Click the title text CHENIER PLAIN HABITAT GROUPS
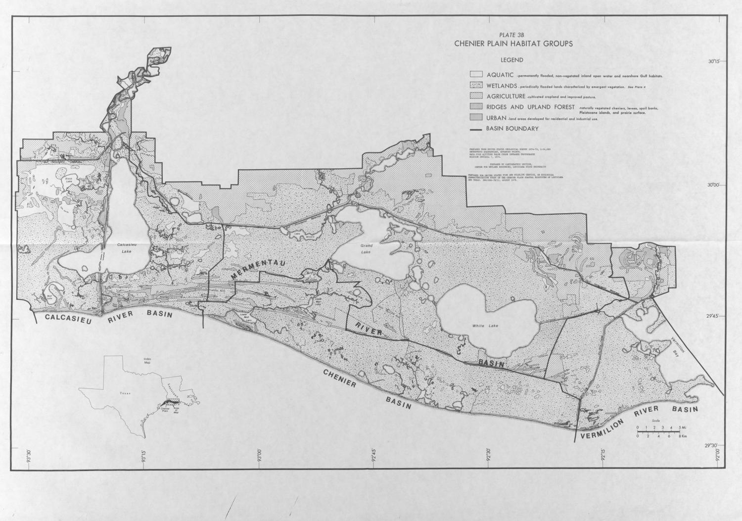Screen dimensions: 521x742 pos(513,44)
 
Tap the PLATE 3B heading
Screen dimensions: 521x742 pos(512,35)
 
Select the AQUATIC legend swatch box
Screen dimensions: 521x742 pos(476,75)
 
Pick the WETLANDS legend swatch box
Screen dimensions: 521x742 pos(476,86)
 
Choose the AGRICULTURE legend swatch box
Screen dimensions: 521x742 pos(476,96)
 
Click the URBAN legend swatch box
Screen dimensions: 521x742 pos(476,117)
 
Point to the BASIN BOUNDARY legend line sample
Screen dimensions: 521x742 pos(476,129)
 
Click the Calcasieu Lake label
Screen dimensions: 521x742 pos(122,248)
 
